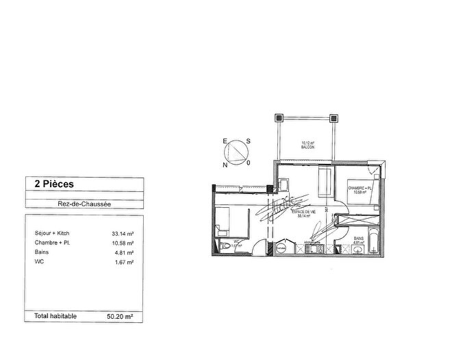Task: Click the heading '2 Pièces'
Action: click(x=49, y=184)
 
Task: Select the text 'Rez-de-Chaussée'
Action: click(x=84, y=202)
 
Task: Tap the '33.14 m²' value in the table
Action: click(x=123, y=234)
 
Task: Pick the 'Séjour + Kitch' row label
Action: click(x=52, y=234)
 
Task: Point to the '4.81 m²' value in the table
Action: click(x=124, y=252)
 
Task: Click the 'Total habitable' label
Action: click(x=55, y=316)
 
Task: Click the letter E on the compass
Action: click(x=223, y=142)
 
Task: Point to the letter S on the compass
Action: click(x=248, y=141)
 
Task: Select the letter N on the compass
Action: click(x=223, y=165)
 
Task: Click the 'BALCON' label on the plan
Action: click(x=307, y=147)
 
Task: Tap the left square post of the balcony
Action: click(x=277, y=117)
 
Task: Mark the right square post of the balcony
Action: click(x=334, y=117)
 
